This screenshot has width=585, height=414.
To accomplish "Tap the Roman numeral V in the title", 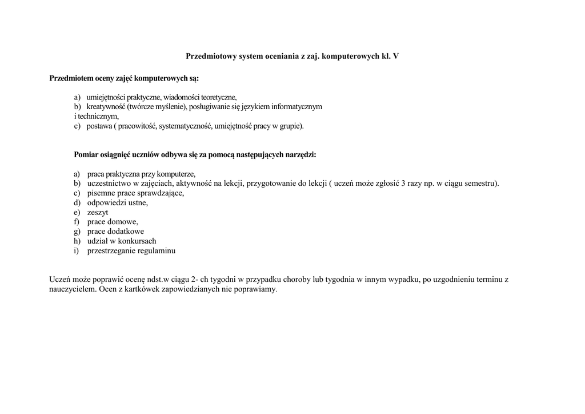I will point(396,56).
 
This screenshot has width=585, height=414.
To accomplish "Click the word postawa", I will point(99,126).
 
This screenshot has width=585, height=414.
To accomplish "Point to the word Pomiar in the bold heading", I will point(86,155).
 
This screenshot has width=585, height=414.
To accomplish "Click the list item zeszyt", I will point(98,212).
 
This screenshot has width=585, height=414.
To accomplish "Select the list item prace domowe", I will point(112,222).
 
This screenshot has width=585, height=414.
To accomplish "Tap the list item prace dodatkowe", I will point(115,232).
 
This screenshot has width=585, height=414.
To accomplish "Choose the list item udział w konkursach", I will point(121,241).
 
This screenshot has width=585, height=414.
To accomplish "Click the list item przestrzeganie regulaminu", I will point(131,250).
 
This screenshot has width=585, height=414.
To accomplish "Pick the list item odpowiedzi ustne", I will point(117,203).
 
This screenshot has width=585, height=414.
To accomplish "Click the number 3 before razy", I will point(403,184).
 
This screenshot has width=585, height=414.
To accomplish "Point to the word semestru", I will point(481,184).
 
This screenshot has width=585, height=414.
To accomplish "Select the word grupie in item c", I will point(291,126).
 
